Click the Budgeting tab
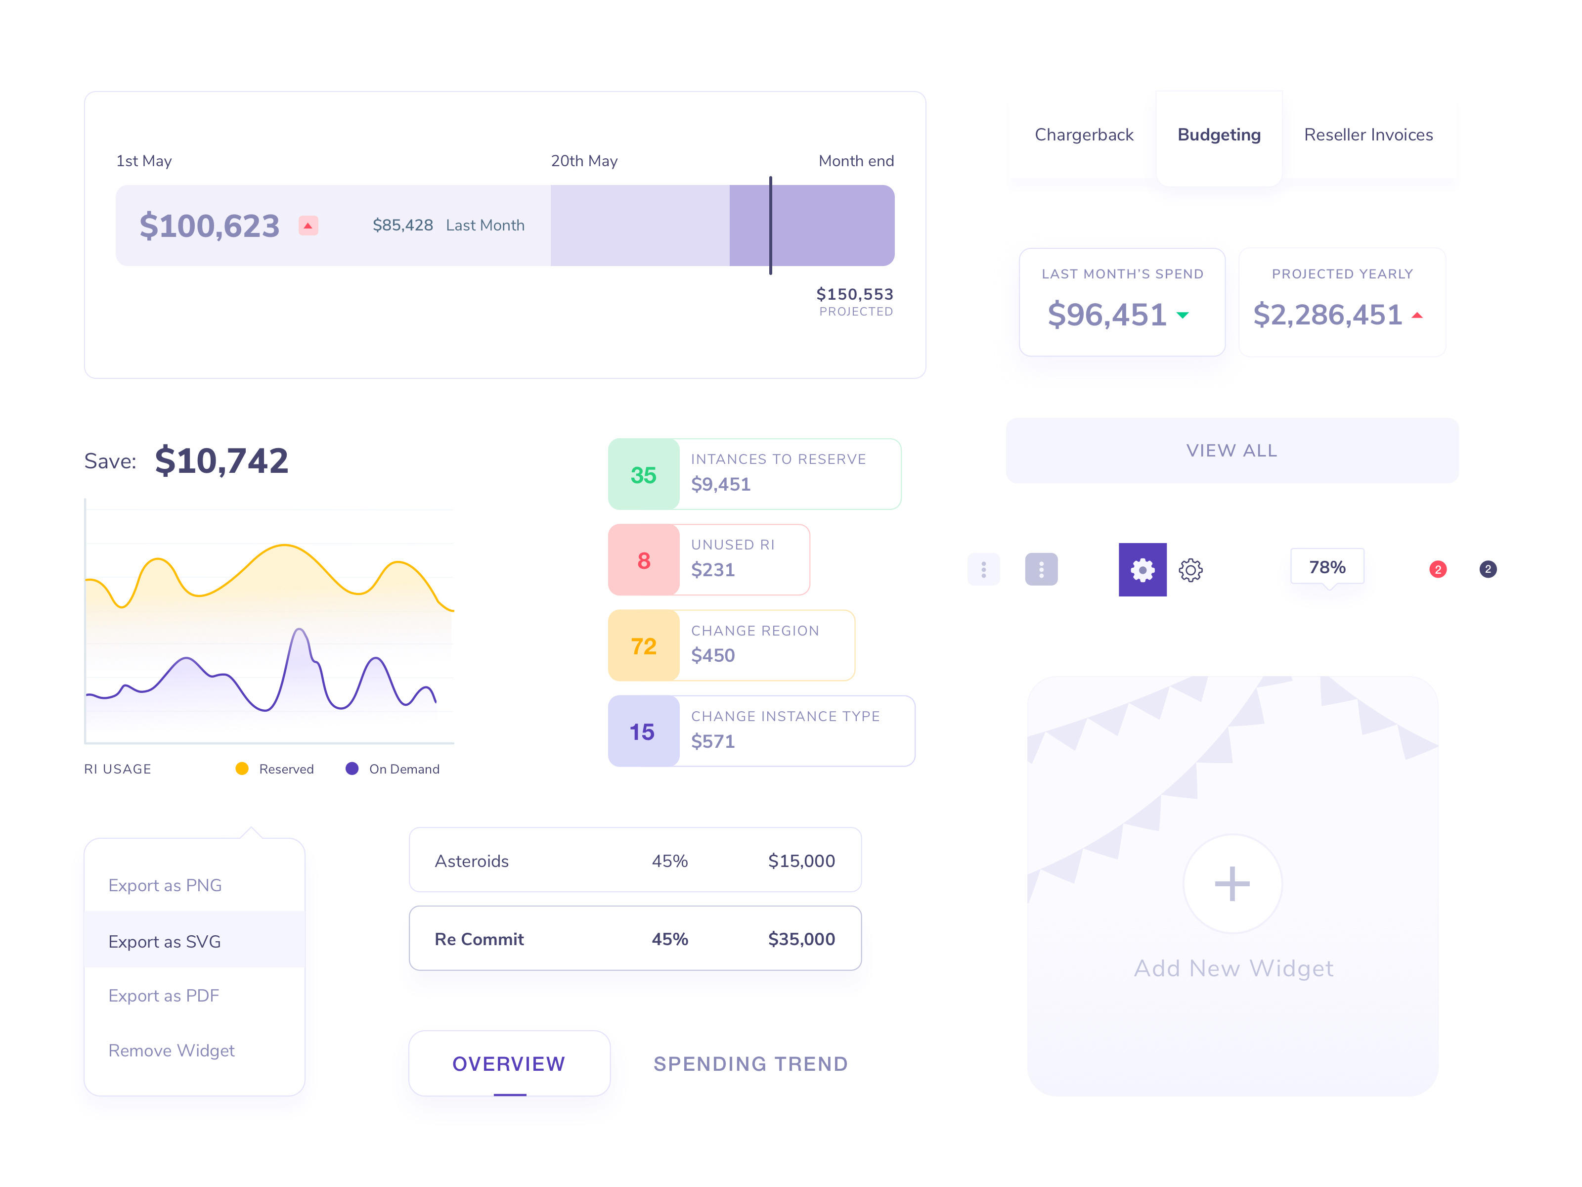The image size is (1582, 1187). click(1218, 135)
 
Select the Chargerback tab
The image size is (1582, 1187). click(1084, 135)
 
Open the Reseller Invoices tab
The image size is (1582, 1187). click(1367, 135)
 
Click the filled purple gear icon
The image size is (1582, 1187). click(1142, 570)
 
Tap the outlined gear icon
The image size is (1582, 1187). click(1190, 570)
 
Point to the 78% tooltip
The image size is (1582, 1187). click(1327, 567)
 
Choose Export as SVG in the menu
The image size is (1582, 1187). click(165, 942)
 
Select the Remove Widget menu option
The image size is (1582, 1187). click(172, 1050)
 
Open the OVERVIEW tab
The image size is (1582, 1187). click(509, 1064)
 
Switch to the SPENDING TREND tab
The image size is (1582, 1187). click(750, 1064)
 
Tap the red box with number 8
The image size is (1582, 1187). click(644, 560)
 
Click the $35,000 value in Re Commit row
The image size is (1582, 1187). click(801, 939)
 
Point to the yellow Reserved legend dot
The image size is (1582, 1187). click(242, 769)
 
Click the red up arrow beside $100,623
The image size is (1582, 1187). click(308, 226)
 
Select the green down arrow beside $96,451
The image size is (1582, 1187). click(1183, 315)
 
